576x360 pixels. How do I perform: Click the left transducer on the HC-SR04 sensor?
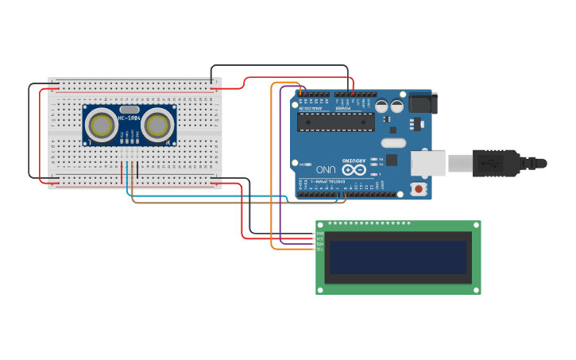click(x=102, y=125)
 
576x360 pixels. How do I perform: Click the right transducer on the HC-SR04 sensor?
click(x=157, y=125)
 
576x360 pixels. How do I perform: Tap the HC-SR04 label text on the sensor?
click(x=130, y=118)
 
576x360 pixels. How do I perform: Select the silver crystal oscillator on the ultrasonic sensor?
click(x=130, y=109)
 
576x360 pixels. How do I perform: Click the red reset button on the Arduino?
click(x=417, y=188)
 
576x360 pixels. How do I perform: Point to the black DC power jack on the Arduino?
click(x=422, y=103)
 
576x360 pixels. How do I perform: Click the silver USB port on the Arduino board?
click(x=427, y=163)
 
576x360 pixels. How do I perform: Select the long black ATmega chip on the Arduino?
click(x=335, y=122)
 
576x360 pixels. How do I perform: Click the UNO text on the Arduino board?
click(x=326, y=169)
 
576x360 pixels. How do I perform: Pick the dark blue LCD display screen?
click(x=398, y=257)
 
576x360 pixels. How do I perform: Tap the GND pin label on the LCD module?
click(x=320, y=233)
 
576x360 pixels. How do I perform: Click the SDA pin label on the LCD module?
click(x=320, y=243)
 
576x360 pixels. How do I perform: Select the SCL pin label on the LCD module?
click(x=320, y=249)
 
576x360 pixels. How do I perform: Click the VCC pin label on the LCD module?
click(x=320, y=238)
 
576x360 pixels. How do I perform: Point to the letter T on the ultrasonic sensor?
click(x=89, y=141)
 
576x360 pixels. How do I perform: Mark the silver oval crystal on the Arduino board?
click(x=392, y=143)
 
